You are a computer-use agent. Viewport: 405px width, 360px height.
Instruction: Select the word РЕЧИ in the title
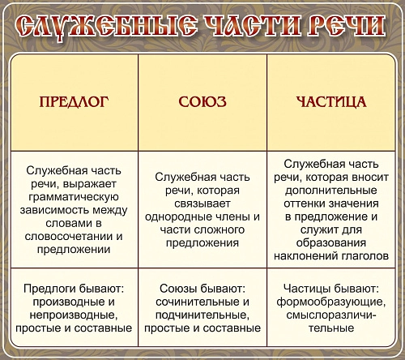[x=340, y=28]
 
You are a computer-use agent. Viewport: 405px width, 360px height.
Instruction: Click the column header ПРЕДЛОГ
[x=74, y=103]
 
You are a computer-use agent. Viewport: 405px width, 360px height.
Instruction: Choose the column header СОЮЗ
[x=202, y=103]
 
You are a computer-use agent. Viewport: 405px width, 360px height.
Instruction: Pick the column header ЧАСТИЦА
[x=330, y=103]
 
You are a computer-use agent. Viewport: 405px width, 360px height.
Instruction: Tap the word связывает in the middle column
[x=202, y=203]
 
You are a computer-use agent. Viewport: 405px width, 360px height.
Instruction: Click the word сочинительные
[x=192, y=302]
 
